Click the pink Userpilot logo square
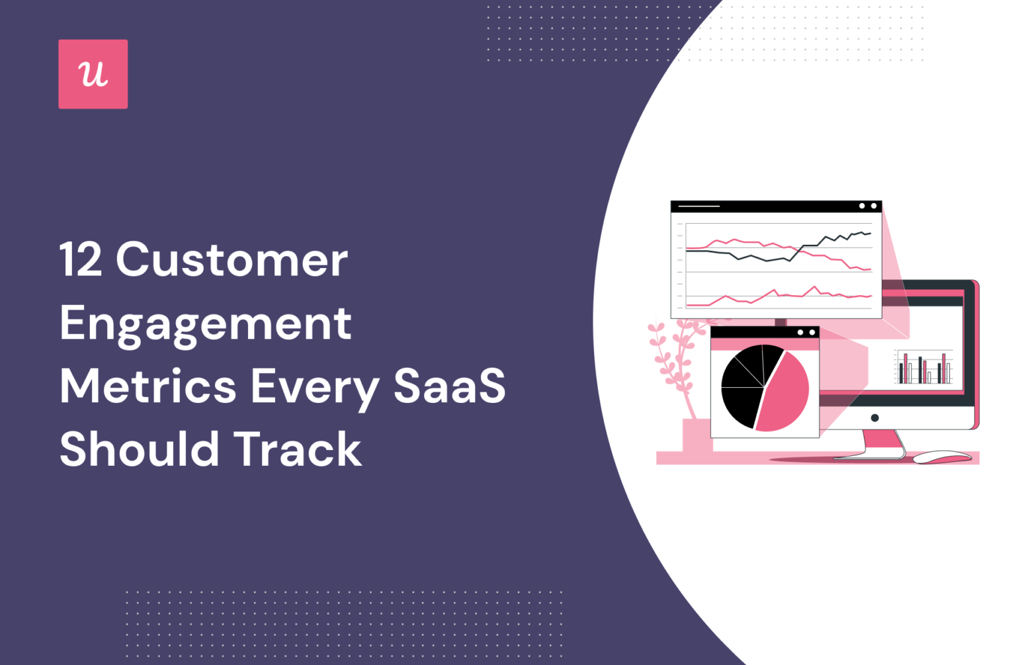coord(93,74)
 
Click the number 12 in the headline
coord(81,259)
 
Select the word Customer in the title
coord(232,259)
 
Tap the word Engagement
coord(205,324)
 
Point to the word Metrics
coord(148,386)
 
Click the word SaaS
coord(449,386)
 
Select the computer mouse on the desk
coord(942,457)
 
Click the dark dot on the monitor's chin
coord(874,418)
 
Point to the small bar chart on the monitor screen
coord(924,368)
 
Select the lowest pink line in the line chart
coord(781,296)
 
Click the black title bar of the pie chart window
coord(754,332)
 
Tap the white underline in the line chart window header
coord(698,206)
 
